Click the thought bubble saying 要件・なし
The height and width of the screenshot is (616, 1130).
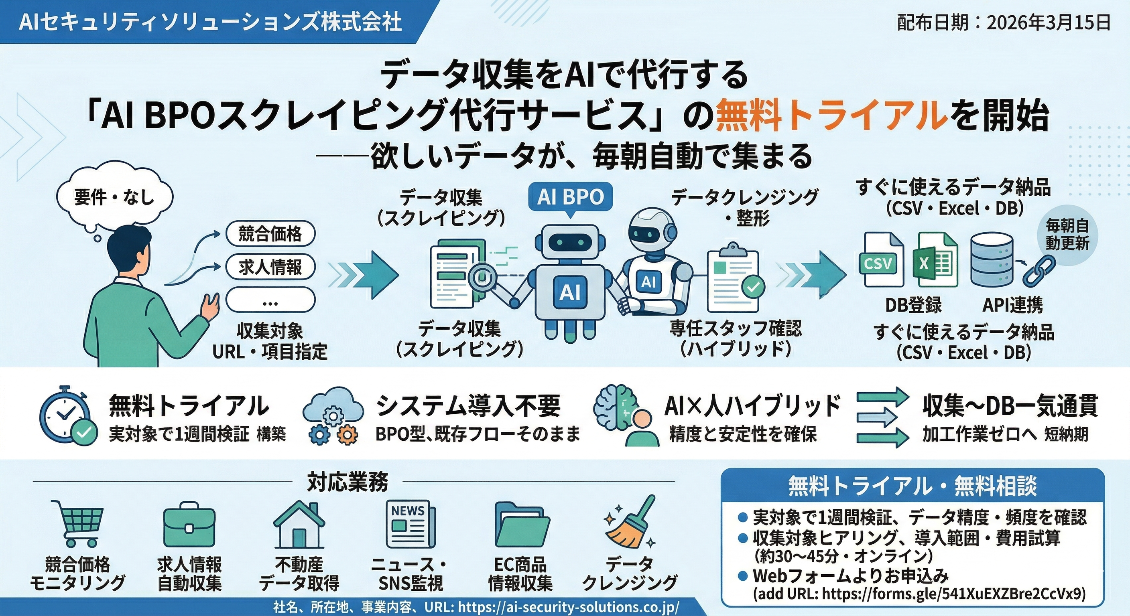pos(114,197)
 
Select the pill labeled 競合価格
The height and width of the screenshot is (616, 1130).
pos(270,234)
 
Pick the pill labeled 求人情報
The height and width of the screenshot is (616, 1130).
pos(270,267)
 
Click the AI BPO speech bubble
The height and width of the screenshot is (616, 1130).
pos(570,197)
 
